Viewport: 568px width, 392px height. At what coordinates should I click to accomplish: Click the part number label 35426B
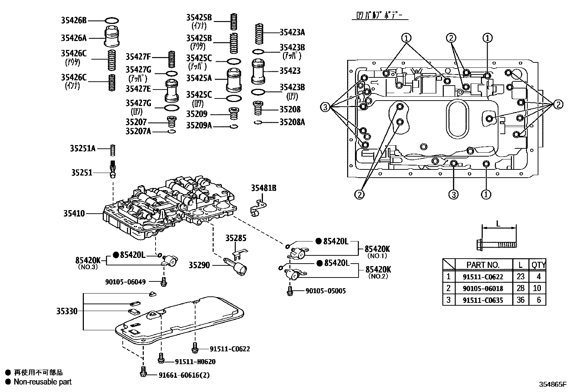coord(73,21)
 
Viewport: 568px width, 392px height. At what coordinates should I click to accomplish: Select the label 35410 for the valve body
coord(74,214)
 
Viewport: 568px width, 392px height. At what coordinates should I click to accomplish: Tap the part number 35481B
coord(263,188)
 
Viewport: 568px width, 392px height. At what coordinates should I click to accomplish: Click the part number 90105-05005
coord(325,291)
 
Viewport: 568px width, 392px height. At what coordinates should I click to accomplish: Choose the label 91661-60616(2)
coord(184,375)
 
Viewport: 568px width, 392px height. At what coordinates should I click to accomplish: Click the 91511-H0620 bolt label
coord(195,362)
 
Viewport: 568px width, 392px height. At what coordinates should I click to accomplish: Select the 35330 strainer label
coord(67,311)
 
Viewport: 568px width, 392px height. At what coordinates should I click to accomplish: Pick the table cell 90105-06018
coord(483,288)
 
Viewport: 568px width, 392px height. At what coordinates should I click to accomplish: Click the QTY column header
coord(538,265)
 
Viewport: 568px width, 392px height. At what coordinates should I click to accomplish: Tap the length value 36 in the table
coord(521,300)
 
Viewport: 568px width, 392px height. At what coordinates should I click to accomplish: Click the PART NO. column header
coord(483,265)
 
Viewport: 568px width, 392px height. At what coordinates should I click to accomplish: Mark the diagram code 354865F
coord(552,385)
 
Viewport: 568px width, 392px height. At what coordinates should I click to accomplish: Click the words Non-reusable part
coord(42,382)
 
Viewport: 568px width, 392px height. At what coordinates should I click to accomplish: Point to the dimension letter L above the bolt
coord(498,224)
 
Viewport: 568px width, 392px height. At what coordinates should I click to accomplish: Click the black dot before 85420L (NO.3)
coord(116,255)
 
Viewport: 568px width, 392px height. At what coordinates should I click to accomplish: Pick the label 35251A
coord(82,148)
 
